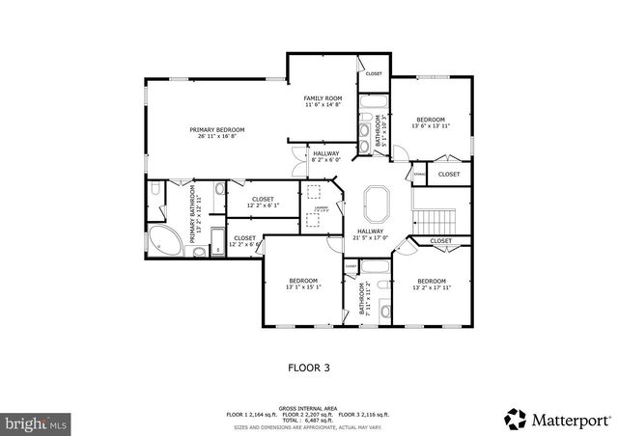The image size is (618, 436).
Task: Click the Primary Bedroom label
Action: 216,133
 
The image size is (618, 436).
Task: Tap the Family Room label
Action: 323,102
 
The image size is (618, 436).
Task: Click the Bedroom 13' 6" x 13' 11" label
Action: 430,122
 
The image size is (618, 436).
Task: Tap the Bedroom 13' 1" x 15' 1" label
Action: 303,283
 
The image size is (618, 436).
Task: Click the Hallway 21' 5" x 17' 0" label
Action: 371,234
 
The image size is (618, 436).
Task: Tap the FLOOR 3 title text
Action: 309,367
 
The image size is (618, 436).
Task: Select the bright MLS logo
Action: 37,422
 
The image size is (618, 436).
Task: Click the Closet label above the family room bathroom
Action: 373,74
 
